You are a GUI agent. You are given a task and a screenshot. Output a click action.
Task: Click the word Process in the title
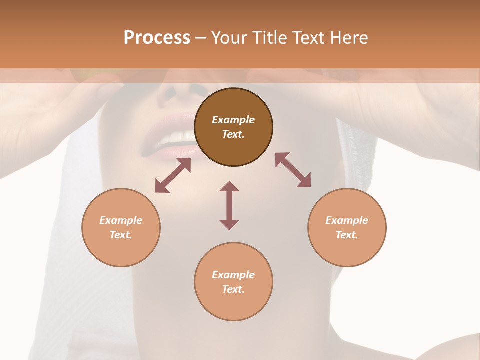[157, 38]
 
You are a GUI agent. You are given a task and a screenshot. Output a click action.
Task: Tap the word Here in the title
[348, 38]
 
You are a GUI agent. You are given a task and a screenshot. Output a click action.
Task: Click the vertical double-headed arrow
[229, 205]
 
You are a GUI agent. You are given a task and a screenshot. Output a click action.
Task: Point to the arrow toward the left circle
[173, 175]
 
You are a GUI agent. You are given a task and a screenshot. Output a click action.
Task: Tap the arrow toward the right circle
[293, 170]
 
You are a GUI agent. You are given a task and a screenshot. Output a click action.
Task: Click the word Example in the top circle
[233, 120]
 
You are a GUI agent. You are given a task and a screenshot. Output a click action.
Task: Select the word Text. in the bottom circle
[233, 289]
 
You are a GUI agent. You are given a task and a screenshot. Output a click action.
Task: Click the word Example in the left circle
[121, 220]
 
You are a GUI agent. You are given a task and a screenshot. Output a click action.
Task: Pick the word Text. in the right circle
[347, 235]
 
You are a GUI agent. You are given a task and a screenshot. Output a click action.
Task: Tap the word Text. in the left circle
[121, 235]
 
